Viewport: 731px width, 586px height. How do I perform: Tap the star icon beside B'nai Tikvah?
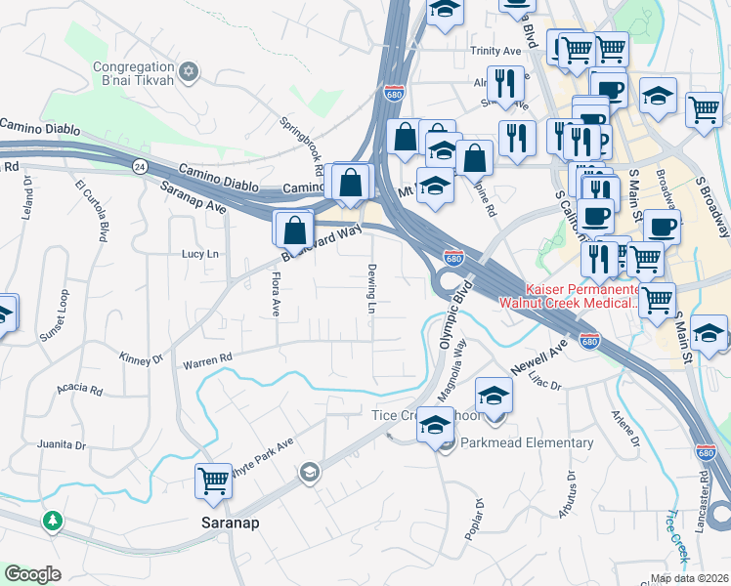(190, 72)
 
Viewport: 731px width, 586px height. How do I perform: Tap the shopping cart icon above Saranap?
(213, 480)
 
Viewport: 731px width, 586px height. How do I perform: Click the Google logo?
(32, 574)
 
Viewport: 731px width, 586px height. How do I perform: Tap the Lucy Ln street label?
(199, 254)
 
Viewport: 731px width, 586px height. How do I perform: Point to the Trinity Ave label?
(494, 51)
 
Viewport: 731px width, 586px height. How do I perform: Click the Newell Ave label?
(538, 358)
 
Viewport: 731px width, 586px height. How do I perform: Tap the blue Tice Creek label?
(677, 533)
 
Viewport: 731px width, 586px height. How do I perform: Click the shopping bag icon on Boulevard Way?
(294, 231)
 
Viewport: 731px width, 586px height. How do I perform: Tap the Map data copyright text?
(689, 578)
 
